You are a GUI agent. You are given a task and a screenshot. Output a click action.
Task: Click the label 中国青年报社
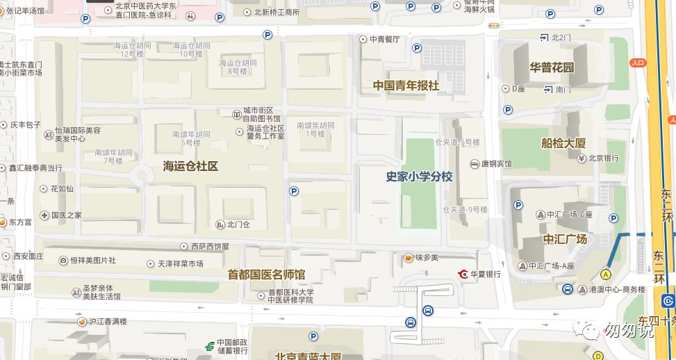[x=406, y=85]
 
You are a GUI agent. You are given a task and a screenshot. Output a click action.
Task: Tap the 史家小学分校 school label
[x=419, y=177]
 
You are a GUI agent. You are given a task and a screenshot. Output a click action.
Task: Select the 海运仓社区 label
[x=190, y=166]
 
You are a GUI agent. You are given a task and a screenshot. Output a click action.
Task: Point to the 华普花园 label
[x=552, y=67]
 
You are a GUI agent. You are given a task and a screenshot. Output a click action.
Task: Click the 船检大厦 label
[x=563, y=143]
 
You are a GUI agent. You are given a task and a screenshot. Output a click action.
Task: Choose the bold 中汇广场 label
[x=565, y=239]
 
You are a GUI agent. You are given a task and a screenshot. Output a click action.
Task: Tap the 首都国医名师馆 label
[x=266, y=275]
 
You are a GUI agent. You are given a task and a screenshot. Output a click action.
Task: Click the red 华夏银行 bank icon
[x=463, y=274]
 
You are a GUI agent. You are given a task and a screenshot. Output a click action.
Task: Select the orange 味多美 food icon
[x=409, y=258]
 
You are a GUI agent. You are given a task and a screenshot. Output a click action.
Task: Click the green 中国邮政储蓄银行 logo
[x=208, y=346]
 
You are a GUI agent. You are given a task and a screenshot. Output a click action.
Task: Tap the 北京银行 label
[x=603, y=158]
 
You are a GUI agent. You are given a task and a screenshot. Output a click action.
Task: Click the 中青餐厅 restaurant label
[x=384, y=39]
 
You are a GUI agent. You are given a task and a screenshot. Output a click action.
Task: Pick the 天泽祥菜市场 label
[x=180, y=264]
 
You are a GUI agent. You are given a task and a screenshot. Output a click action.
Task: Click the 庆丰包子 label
[x=26, y=125]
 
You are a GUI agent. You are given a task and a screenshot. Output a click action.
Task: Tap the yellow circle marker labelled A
[x=606, y=275]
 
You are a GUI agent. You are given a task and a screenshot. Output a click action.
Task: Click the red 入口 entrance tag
[x=638, y=63]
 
